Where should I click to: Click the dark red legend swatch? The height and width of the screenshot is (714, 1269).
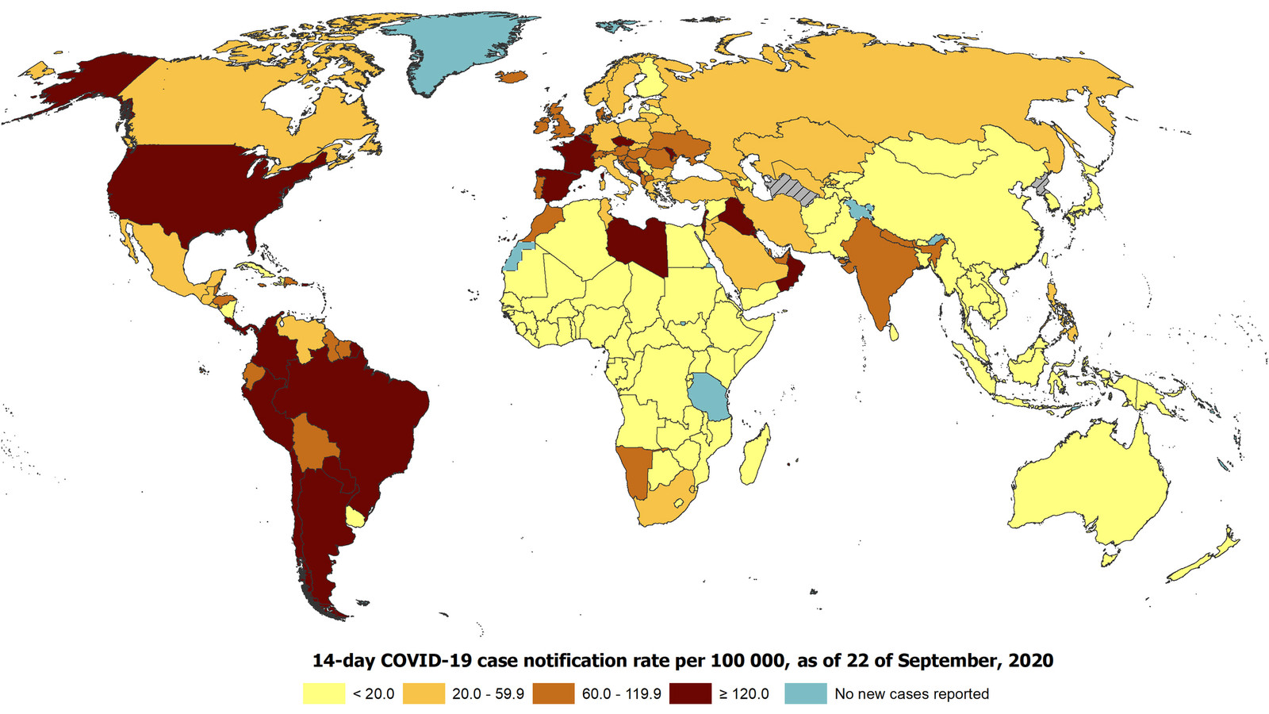(690, 693)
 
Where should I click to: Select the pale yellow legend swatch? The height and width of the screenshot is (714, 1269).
(324, 693)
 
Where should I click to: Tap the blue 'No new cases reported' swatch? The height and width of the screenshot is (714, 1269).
(806, 693)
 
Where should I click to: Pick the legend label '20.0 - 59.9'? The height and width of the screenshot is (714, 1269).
(488, 693)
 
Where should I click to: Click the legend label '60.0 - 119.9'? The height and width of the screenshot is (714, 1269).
(621, 693)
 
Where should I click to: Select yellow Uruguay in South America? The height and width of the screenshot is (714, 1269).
(357, 517)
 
